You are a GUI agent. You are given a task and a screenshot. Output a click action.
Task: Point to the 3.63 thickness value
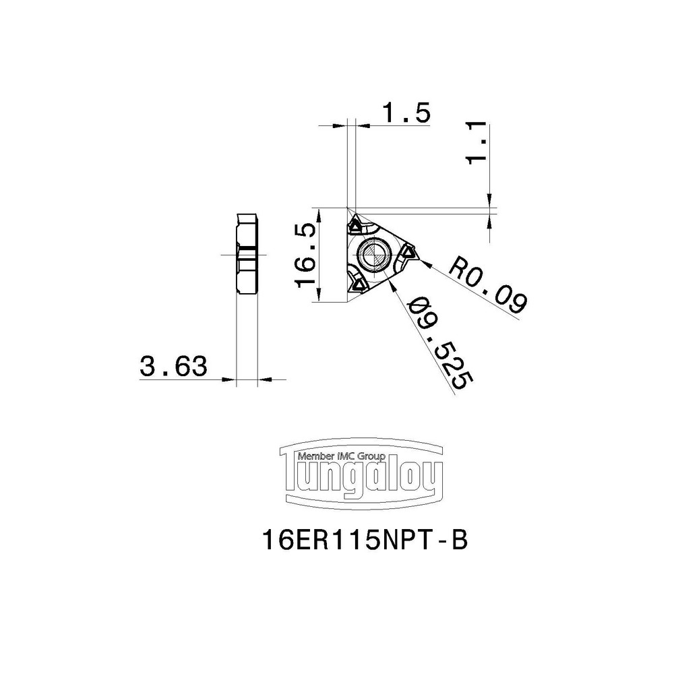click(x=173, y=367)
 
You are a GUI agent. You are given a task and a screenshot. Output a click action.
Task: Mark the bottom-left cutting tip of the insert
click(x=355, y=286)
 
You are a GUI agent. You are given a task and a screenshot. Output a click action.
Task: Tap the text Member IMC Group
click(x=340, y=456)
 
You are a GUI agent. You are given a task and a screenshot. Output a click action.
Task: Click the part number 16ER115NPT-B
click(x=363, y=541)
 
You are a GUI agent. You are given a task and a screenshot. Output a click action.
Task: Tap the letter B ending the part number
click(x=458, y=541)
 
